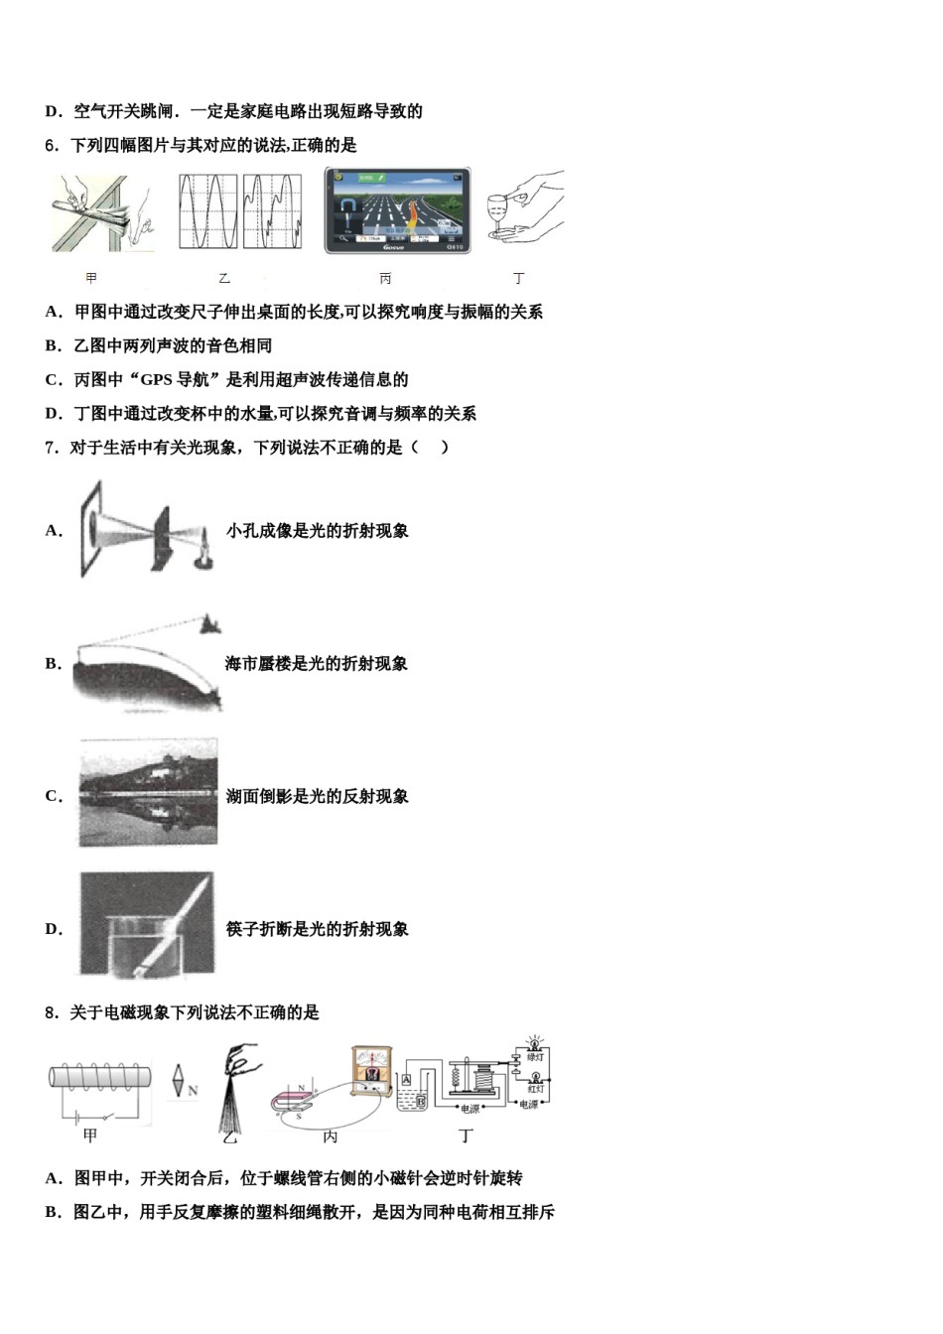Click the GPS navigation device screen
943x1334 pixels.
coord(397,209)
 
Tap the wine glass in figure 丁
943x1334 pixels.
coord(497,214)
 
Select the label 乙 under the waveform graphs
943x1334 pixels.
coord(224,279)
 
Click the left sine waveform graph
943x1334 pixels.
coord(208,211)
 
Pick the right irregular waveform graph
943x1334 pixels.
coord(271,211)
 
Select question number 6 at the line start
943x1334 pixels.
coord(52,146)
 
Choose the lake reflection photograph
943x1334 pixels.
coord(148,793)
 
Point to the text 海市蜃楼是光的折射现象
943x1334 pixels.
coord(317,664)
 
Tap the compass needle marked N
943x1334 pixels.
coord(178,1081)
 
